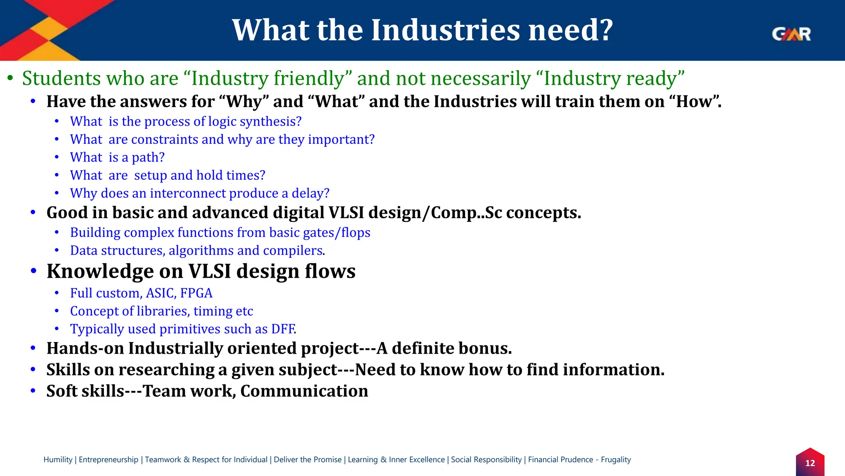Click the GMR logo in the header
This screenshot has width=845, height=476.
[x=791, y=34]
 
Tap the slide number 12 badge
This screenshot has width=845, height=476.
[x=810, y=463]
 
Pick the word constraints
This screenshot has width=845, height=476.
[x=165, y=140]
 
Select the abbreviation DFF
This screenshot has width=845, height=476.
[x=283, y=329]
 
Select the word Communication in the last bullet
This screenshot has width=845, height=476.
[x=304, y=391]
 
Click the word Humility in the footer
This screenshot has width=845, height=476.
[x=58, y=459]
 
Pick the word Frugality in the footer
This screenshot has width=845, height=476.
[x=616, y=459]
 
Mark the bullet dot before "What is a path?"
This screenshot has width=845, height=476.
[x=57, y=157]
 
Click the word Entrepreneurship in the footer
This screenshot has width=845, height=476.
[x=109, y=459]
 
